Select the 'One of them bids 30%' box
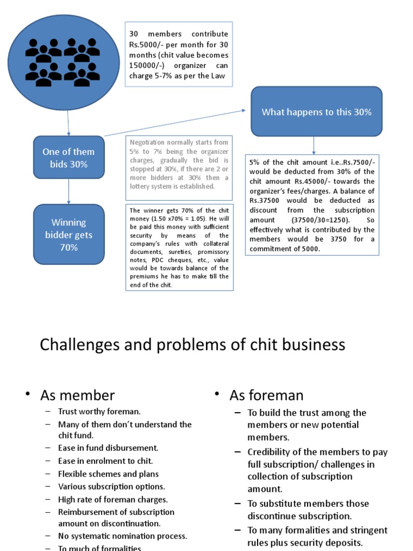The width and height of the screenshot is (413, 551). pyautogui.click(x=68, y=158)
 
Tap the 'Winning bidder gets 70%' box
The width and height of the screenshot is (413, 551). pyautogui.click(x=68, y=235)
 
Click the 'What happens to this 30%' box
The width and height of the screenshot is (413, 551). pyautogui.click(x=316, y=112)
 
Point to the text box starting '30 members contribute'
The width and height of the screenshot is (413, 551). pyautogui.click(x=179, y=54)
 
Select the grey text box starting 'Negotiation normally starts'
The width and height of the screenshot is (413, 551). pyautogui.click(x=179, y=165)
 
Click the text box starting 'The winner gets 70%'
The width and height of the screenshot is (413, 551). pyautogui.click(x=179, y=248)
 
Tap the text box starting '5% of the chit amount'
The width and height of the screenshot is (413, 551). pyautogui.click(x=312, y=205)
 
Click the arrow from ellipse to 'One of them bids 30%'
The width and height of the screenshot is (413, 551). pyautogui.click(x=68, y=123)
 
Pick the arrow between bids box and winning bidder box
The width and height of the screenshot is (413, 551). pyautogui.click(x=68, y=192)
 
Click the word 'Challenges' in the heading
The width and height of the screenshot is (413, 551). pyautogui.click(x=76, y=345)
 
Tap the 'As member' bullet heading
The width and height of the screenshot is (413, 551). pyautogui.click(x=77, y=396)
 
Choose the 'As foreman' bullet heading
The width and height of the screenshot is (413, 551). pyautogui.click(x=266, y=396)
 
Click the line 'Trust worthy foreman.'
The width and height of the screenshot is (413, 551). pyautogui.click(x=99, y=412)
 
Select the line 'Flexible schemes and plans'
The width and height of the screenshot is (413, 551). pyautogui.click(x=108, y=474)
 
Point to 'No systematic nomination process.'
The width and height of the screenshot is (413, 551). pyautogui.click(x=123, y=536)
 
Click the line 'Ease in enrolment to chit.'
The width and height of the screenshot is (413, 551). pyautogui.click(x=105, y=461)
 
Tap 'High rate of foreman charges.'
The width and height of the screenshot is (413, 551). pyautogui.click(x=113, y=499)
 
